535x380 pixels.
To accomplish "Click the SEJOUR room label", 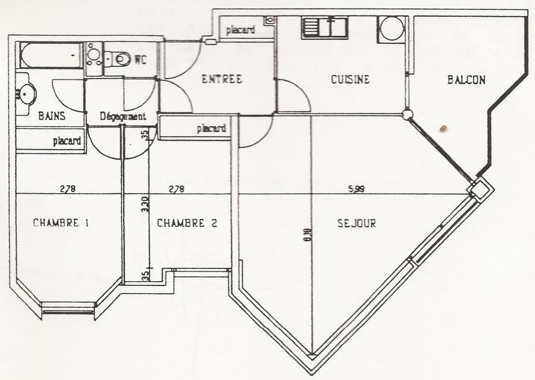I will (x=356, y=224).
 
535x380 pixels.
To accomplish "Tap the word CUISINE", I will (x=350, y=80).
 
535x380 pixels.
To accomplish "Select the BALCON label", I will (x=465, y=80).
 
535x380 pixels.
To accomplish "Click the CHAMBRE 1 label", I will (x=61, y=223).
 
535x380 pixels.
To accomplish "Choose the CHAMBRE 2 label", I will (x=187, y=224).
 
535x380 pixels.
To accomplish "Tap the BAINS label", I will (x=51, y=116).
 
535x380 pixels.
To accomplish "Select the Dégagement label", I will (x=122, y=116).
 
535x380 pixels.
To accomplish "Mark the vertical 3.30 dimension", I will (x=144, y=202).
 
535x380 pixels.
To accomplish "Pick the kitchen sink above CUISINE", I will (x=322, y=27).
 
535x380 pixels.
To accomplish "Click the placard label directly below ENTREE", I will (x=211, y=128).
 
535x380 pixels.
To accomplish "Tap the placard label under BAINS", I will (x=67, y=141).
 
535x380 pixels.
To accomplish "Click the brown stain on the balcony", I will (x=442, y=126).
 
